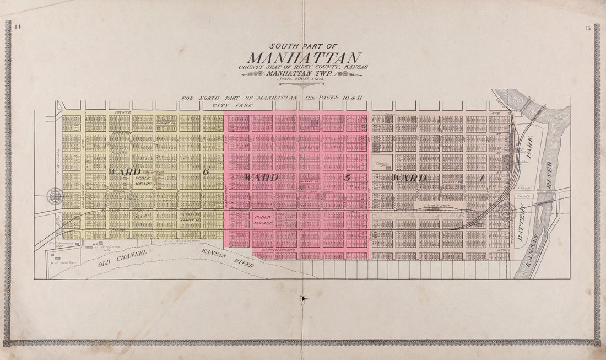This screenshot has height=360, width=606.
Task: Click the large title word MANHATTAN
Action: coord(304,58)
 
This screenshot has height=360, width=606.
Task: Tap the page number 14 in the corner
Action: coord(18,28)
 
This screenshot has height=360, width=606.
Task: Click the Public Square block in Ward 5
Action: coord(263,220)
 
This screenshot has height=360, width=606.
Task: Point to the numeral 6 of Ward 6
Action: coord(206,172)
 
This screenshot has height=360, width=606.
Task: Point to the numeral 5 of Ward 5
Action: coord(348,177)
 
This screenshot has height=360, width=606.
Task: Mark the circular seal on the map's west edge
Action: coord(55,196)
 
